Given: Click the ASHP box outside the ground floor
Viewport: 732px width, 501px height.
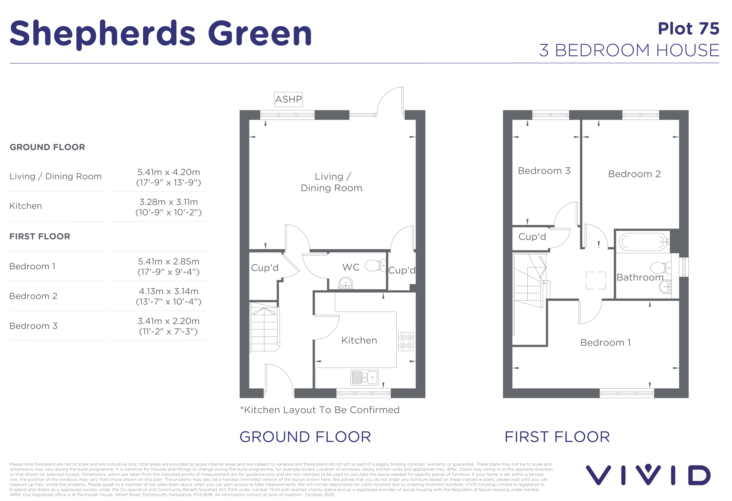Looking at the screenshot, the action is pos(288,99).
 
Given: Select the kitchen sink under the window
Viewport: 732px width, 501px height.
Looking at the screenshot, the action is pos(364,377).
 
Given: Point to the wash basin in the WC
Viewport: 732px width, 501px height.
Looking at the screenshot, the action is pos(346,283).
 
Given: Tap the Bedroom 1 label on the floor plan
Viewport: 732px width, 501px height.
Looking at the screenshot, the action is pos(605,342).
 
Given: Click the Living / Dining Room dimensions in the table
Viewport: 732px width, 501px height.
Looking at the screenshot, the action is pos(169,177).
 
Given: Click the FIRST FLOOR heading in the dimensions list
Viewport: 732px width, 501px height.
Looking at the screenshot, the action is pos(40,236).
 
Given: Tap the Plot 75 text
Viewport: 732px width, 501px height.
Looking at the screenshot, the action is pos(689,29).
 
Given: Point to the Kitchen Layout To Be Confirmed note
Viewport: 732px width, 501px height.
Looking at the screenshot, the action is pos(320,410).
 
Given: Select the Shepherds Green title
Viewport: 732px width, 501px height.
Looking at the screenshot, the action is pos(161,33).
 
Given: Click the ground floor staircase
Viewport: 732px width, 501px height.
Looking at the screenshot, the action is pos(265,327).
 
